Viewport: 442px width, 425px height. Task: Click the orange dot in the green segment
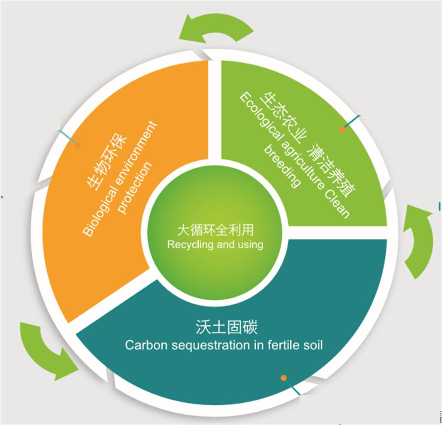[342, 129]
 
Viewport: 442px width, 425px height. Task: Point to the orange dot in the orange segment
[78, 145]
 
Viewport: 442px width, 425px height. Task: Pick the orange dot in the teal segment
[284, 378]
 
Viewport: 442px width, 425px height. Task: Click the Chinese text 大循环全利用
[215, 230]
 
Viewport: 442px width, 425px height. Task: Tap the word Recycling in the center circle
[186, 245]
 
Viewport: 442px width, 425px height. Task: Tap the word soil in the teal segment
[313, 345]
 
